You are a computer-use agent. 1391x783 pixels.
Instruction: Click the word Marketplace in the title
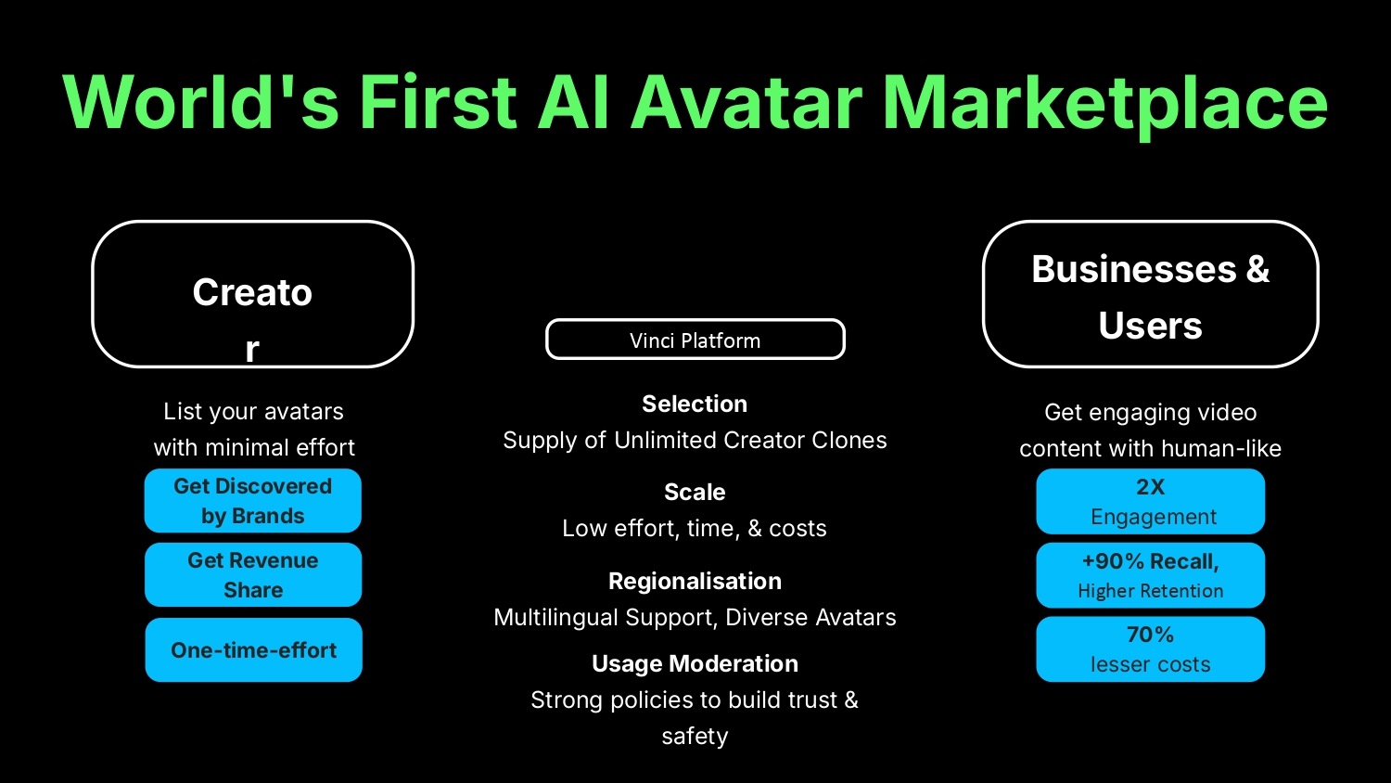[x=1104, y=103]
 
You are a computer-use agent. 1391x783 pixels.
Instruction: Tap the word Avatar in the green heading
[x=747, y=102]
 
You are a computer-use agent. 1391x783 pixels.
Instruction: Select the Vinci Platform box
[x=695, y=340]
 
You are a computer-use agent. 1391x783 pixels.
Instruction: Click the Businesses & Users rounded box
[x=1150, y=294]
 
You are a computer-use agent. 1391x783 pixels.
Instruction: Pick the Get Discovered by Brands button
[x=253, y=501]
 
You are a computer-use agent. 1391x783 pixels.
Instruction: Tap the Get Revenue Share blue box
[x=253, y=575]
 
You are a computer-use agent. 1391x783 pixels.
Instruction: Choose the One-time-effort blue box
[x=253, y=649]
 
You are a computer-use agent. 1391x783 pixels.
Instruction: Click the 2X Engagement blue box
[x=1150, y=502]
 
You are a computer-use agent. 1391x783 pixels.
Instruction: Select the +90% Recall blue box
[x=1150, y=575]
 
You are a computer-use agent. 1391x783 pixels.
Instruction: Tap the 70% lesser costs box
[x=1150, y=649]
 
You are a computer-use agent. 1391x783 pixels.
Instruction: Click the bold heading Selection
[x=695, y=404]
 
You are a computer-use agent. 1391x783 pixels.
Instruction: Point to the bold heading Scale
[x=695, y=493]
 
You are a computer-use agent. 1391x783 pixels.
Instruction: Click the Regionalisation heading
[x=695, y=582]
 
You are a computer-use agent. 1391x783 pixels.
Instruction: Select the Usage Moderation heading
[x=695, y=664]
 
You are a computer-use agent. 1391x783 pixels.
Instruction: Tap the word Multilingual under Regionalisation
[x=556, y=618]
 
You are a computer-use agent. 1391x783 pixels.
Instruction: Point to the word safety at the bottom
[x=695, y=737]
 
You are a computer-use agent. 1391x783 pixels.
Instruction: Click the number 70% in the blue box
[x=1150, y=635]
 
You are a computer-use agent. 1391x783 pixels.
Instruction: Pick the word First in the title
[x=438, y=102]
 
